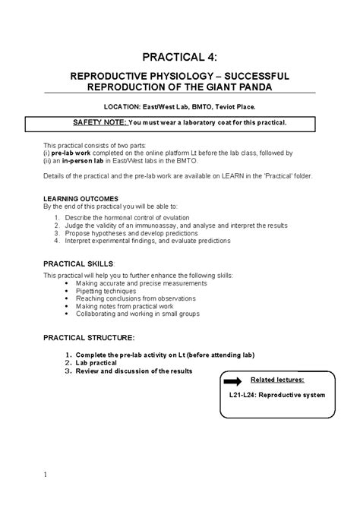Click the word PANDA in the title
[x=253, y=88]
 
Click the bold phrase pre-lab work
[x=69, y=152]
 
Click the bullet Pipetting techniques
[x=109, y=291]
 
